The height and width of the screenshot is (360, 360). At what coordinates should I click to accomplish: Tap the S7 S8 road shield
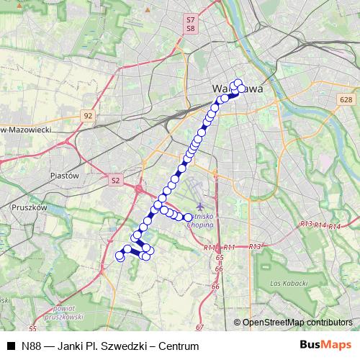tap(190, 24)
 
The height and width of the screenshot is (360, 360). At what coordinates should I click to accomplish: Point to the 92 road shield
tap(88, 115)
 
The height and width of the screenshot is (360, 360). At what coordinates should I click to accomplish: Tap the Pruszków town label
tap(30, 207)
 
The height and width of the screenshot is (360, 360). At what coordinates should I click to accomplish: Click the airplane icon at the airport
tap(201, 207)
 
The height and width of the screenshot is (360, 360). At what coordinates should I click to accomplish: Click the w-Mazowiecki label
tap(36, 130)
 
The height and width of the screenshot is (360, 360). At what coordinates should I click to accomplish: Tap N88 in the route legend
tap(31, 346)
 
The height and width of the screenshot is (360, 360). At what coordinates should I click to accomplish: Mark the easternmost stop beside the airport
tap(187, 217)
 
